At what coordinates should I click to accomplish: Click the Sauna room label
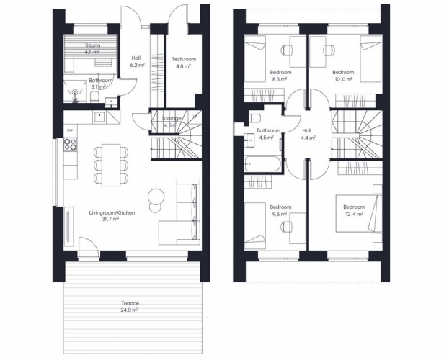click(92, 45)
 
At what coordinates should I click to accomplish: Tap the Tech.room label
click(184, 59)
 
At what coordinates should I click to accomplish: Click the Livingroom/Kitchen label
click(112, 212)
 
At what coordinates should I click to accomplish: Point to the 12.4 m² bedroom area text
click(354, 214)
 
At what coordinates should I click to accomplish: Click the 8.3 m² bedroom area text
click(280, 79)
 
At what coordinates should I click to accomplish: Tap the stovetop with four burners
click(70, 144)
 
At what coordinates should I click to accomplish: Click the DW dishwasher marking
click(70, 130)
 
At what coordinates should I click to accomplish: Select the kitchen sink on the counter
click(99, 117)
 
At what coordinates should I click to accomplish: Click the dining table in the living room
click(111, 165)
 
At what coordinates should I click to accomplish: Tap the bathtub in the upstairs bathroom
click(262, 163)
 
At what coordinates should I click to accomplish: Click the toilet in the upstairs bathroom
click(255, 118)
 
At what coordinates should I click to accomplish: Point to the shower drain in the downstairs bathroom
click(75, 92)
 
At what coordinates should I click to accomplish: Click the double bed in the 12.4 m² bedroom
click(358, 213)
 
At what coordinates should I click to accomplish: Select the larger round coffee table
click(156, 196)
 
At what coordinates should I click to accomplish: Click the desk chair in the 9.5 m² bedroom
click(287, 227)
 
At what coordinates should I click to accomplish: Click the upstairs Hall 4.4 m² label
click(307, 134)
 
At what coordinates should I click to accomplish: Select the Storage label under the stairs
click(172, 118)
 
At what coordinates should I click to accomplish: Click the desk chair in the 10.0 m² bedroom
click(329, 50)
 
